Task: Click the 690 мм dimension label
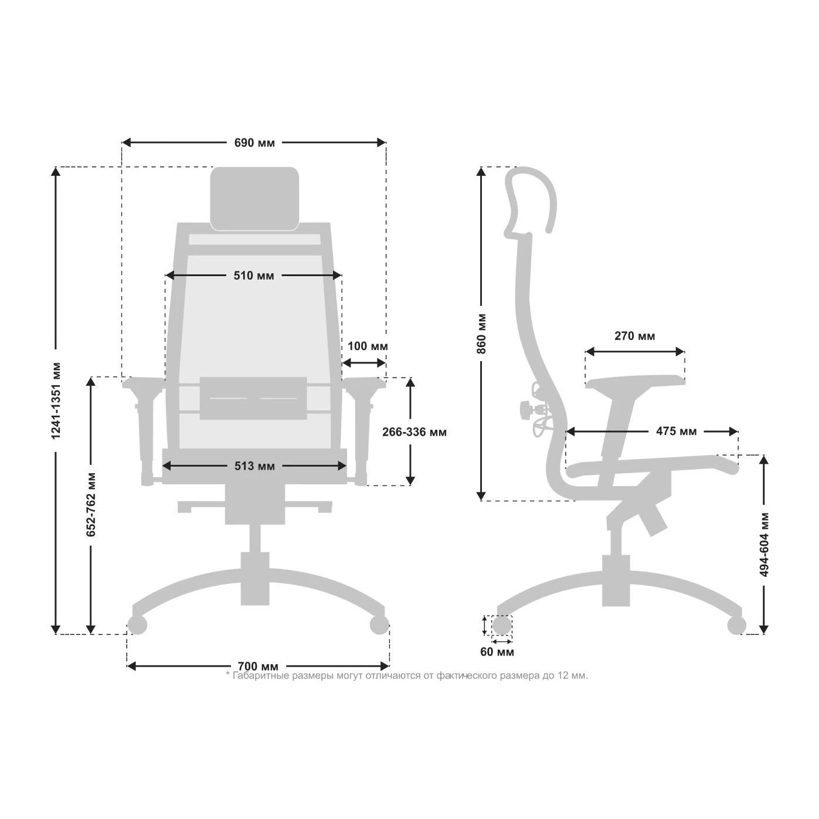[254, 143]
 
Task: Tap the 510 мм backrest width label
[254, 276]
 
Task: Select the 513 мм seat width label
[254, 466]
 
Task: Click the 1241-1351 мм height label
[56, 401]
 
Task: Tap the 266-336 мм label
[414, 432]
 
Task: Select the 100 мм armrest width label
[368, 346]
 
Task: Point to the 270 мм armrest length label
[635, 336]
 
